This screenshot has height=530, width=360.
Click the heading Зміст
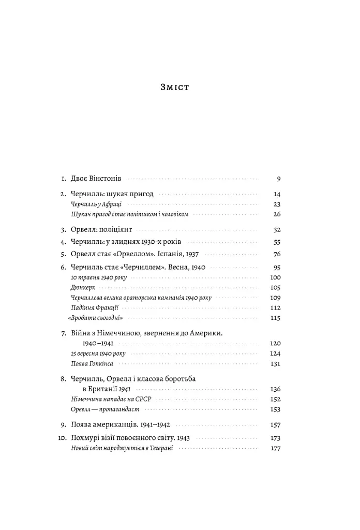(175, 87)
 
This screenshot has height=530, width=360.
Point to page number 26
(276, 214)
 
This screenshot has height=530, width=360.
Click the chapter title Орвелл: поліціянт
(102, 229)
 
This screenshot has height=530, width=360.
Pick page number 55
(276, 242)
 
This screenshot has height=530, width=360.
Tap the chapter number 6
(63, 267)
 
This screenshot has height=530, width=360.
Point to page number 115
(275, 318)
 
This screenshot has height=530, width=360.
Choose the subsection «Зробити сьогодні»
(97, 318)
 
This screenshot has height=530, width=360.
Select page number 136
(275, 389)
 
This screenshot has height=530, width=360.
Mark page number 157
(275, 425)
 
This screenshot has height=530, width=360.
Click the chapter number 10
(61, 437)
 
